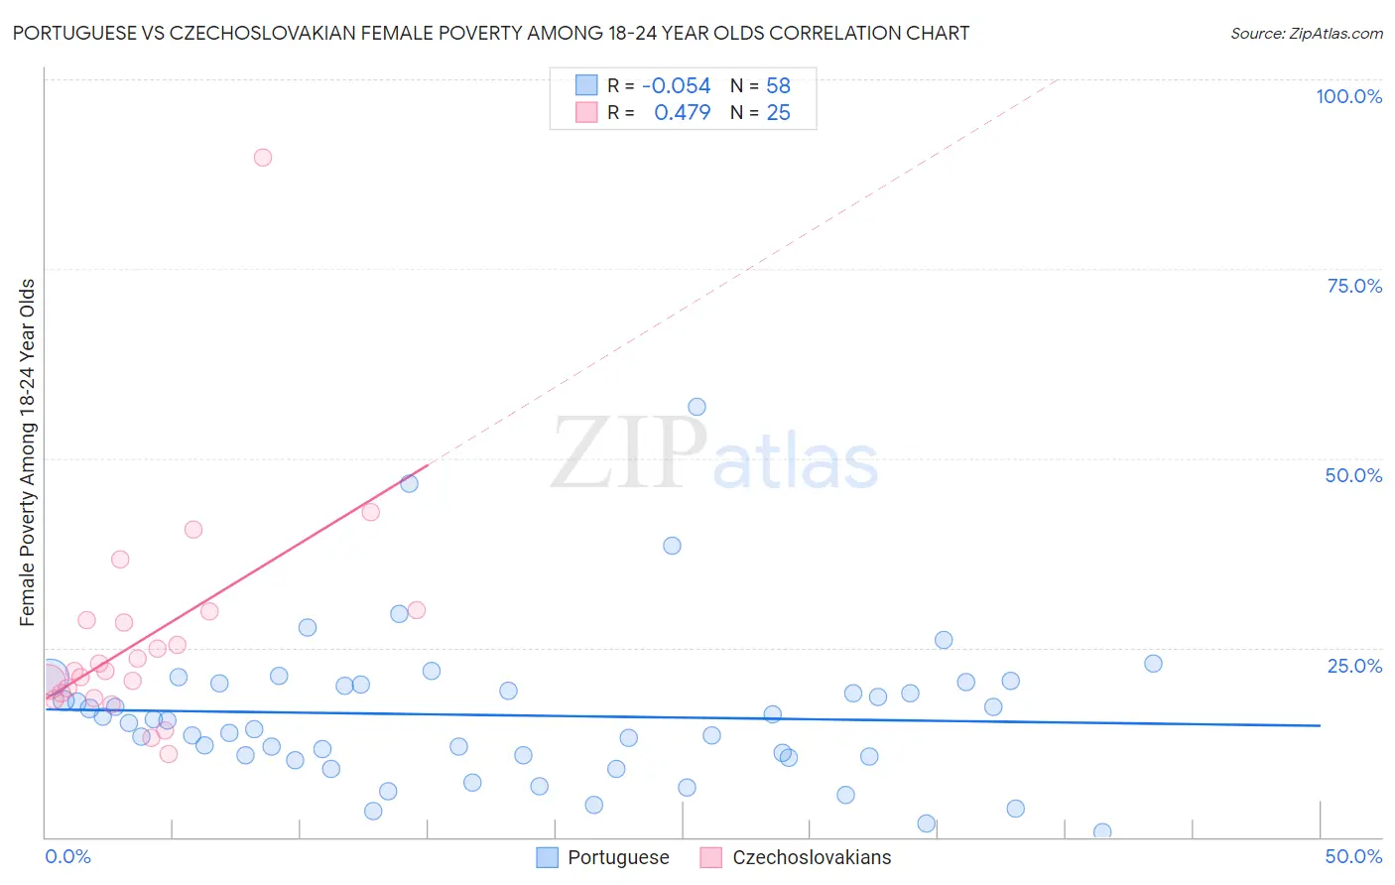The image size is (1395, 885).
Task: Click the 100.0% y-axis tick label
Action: pos(1348,96)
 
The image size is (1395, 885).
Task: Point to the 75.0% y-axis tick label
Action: pos(1354,286)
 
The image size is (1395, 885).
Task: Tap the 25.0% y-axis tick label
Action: pos(1354,666)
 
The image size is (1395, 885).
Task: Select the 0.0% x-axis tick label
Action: pos(67,856)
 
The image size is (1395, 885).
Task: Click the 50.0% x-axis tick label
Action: pos(1353,856)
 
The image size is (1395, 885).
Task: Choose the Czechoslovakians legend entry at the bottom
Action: pos(796,857)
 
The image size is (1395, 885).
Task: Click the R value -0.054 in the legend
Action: pos(676,86)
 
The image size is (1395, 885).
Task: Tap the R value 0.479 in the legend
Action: pos(682,113)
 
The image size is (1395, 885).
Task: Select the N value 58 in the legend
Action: pos(778,86)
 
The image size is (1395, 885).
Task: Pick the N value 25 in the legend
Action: pos(778,113)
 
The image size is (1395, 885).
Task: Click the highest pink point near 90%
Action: pos(263,157)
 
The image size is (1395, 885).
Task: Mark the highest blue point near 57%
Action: pos(697,407)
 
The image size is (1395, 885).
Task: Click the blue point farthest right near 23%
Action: pos(1153,664)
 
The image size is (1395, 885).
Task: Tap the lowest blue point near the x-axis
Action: pos(1102,831)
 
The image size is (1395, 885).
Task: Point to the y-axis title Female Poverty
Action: pos(28,452)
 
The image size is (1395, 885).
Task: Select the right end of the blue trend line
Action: pos(1320,725)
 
